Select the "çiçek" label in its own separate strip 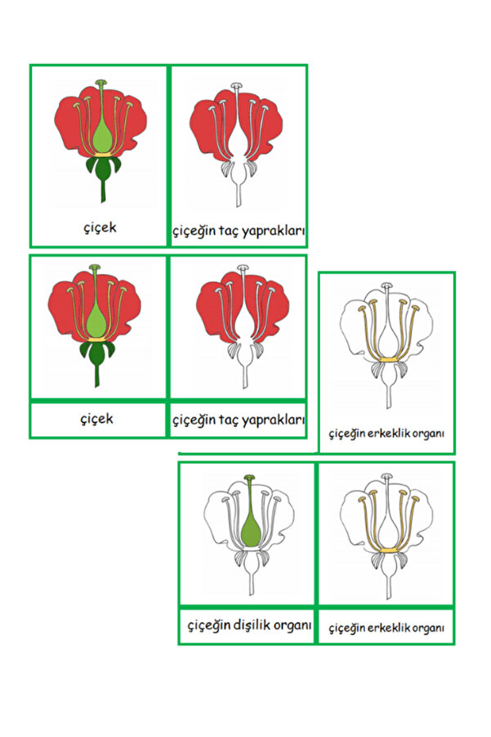98,420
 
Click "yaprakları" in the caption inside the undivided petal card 277,231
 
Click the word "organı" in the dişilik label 291,626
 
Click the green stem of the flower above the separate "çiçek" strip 97,375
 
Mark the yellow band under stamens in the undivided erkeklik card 386,358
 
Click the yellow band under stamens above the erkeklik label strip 386,551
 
